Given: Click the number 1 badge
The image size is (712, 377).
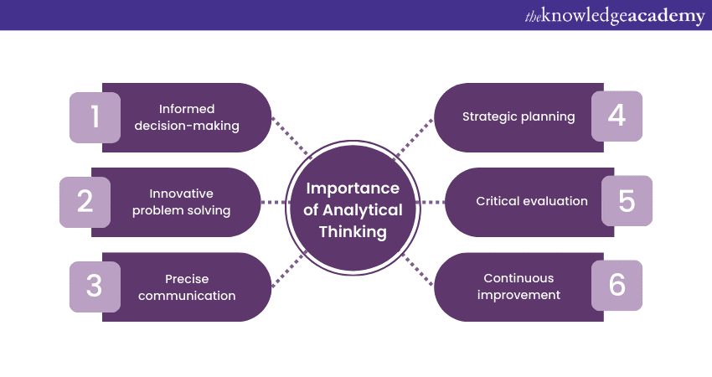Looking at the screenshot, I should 94,116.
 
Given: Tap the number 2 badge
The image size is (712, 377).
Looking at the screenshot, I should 85,202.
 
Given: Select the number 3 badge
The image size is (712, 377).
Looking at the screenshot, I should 94,286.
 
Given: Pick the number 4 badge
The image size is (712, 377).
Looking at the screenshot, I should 617,116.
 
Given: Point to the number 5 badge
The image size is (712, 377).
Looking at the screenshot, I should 627,201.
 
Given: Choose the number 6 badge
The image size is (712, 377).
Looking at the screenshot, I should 617,285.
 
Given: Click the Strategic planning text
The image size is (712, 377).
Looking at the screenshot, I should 519,116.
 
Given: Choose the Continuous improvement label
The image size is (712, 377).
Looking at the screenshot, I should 519,287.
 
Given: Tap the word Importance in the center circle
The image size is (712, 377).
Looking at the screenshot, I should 352,188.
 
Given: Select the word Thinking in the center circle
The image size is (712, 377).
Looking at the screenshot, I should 352,232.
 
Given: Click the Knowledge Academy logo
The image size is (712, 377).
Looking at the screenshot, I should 614,15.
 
